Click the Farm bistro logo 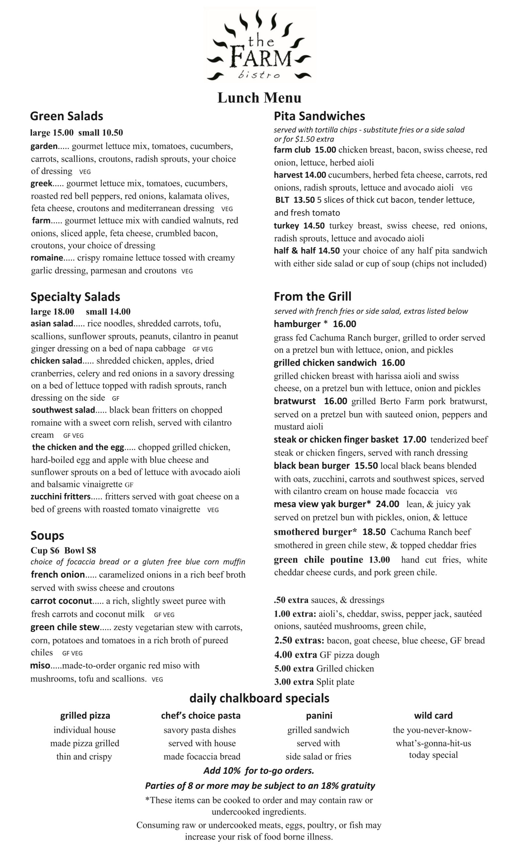(x=259, y=45)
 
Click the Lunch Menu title (x=259, y=98)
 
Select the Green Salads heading (x=66, y=116)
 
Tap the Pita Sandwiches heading (x=319, y=116)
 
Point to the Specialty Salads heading (x=75, y=297)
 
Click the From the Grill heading (x=312, y=296)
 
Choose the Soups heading (x=47, y=535)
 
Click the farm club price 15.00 (x=325, y=150)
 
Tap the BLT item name (x=282, y=200)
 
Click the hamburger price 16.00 (x=344, y=324)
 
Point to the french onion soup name (x=58, y=574)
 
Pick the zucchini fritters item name (x=61, y=496)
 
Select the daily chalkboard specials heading (x=259, y=698)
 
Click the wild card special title (x=433, y=715)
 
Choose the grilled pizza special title (x=85, y=715)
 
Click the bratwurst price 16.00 (x=335, y=401)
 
